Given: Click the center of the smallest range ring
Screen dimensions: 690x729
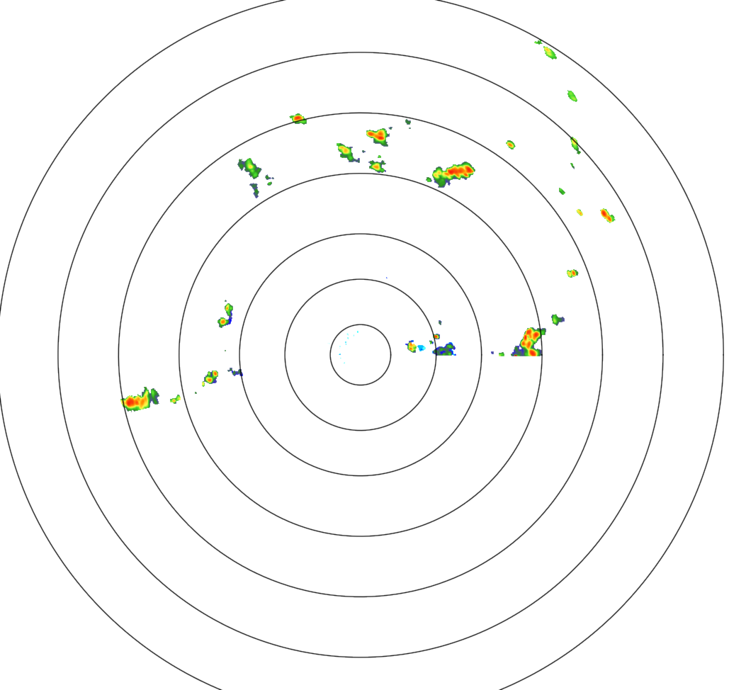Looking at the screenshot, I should (x=360, y=354).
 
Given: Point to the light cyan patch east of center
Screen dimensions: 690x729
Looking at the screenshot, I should (x=422, y=348).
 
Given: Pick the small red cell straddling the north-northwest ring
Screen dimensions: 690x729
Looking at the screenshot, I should (x=298, y=118).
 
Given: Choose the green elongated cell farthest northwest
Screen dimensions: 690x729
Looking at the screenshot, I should (x=250, y=167).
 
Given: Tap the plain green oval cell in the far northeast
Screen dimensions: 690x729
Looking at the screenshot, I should (x=572, y=96).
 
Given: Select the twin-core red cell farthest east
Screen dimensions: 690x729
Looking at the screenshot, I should (x=606, y=215).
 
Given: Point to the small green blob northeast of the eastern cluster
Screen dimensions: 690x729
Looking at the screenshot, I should (x=557, y=319).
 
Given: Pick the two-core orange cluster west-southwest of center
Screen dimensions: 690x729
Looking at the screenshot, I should (x=210, y=377).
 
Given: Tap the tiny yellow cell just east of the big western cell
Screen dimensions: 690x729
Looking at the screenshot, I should (x=175, y=399).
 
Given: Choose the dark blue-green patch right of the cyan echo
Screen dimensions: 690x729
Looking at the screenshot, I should (x=445, y=349).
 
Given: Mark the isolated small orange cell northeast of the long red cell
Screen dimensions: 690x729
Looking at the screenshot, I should (x=510, y=145).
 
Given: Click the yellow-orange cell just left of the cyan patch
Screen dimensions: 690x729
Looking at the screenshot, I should (x=411, y=346).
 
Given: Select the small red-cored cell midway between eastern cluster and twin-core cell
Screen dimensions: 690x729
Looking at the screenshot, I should (x=572, y=273).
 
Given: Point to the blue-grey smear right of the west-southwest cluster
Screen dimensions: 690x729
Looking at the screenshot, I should (x=235, y=371).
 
